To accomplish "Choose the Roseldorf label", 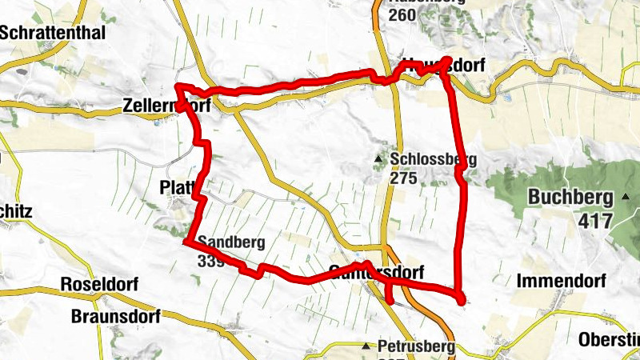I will coord(99,285).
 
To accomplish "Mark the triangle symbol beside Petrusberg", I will coord(366,346).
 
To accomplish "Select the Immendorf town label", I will coord(562,282).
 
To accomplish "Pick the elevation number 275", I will coord(404,178).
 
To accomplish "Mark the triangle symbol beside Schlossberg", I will coord(378,158).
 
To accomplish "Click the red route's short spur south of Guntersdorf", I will coord(390,294).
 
